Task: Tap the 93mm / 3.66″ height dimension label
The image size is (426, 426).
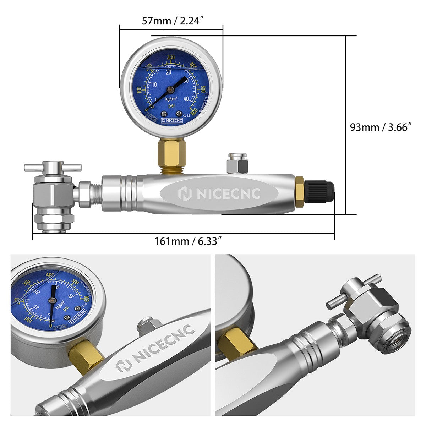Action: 381,127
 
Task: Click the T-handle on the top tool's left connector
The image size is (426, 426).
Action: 53,166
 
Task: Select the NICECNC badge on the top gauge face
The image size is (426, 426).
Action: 172,120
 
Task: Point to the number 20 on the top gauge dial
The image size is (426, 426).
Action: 169,72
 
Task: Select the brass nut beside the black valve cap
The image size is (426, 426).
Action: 299,193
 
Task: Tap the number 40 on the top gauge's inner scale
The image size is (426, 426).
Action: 186,99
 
